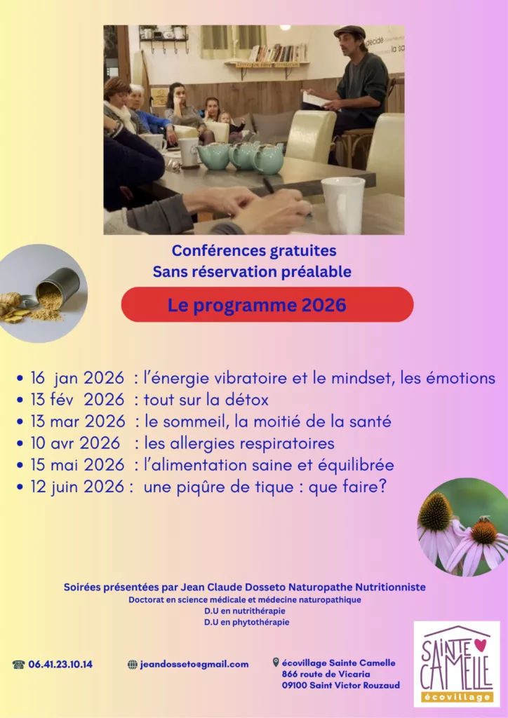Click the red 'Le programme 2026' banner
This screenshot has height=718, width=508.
click(267, 305)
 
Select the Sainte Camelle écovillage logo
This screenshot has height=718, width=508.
click(456, 663)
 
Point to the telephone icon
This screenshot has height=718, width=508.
click(19, 665)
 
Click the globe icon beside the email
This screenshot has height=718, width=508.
click(133, 665)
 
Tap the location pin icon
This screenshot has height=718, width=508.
click(276, 663)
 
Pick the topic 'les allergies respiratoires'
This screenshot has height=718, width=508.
click(239, 444)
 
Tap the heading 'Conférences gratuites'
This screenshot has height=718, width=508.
click(254, 250)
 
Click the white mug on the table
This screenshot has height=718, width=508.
click(343, 205)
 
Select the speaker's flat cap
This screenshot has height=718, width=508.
click(349, 32)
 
